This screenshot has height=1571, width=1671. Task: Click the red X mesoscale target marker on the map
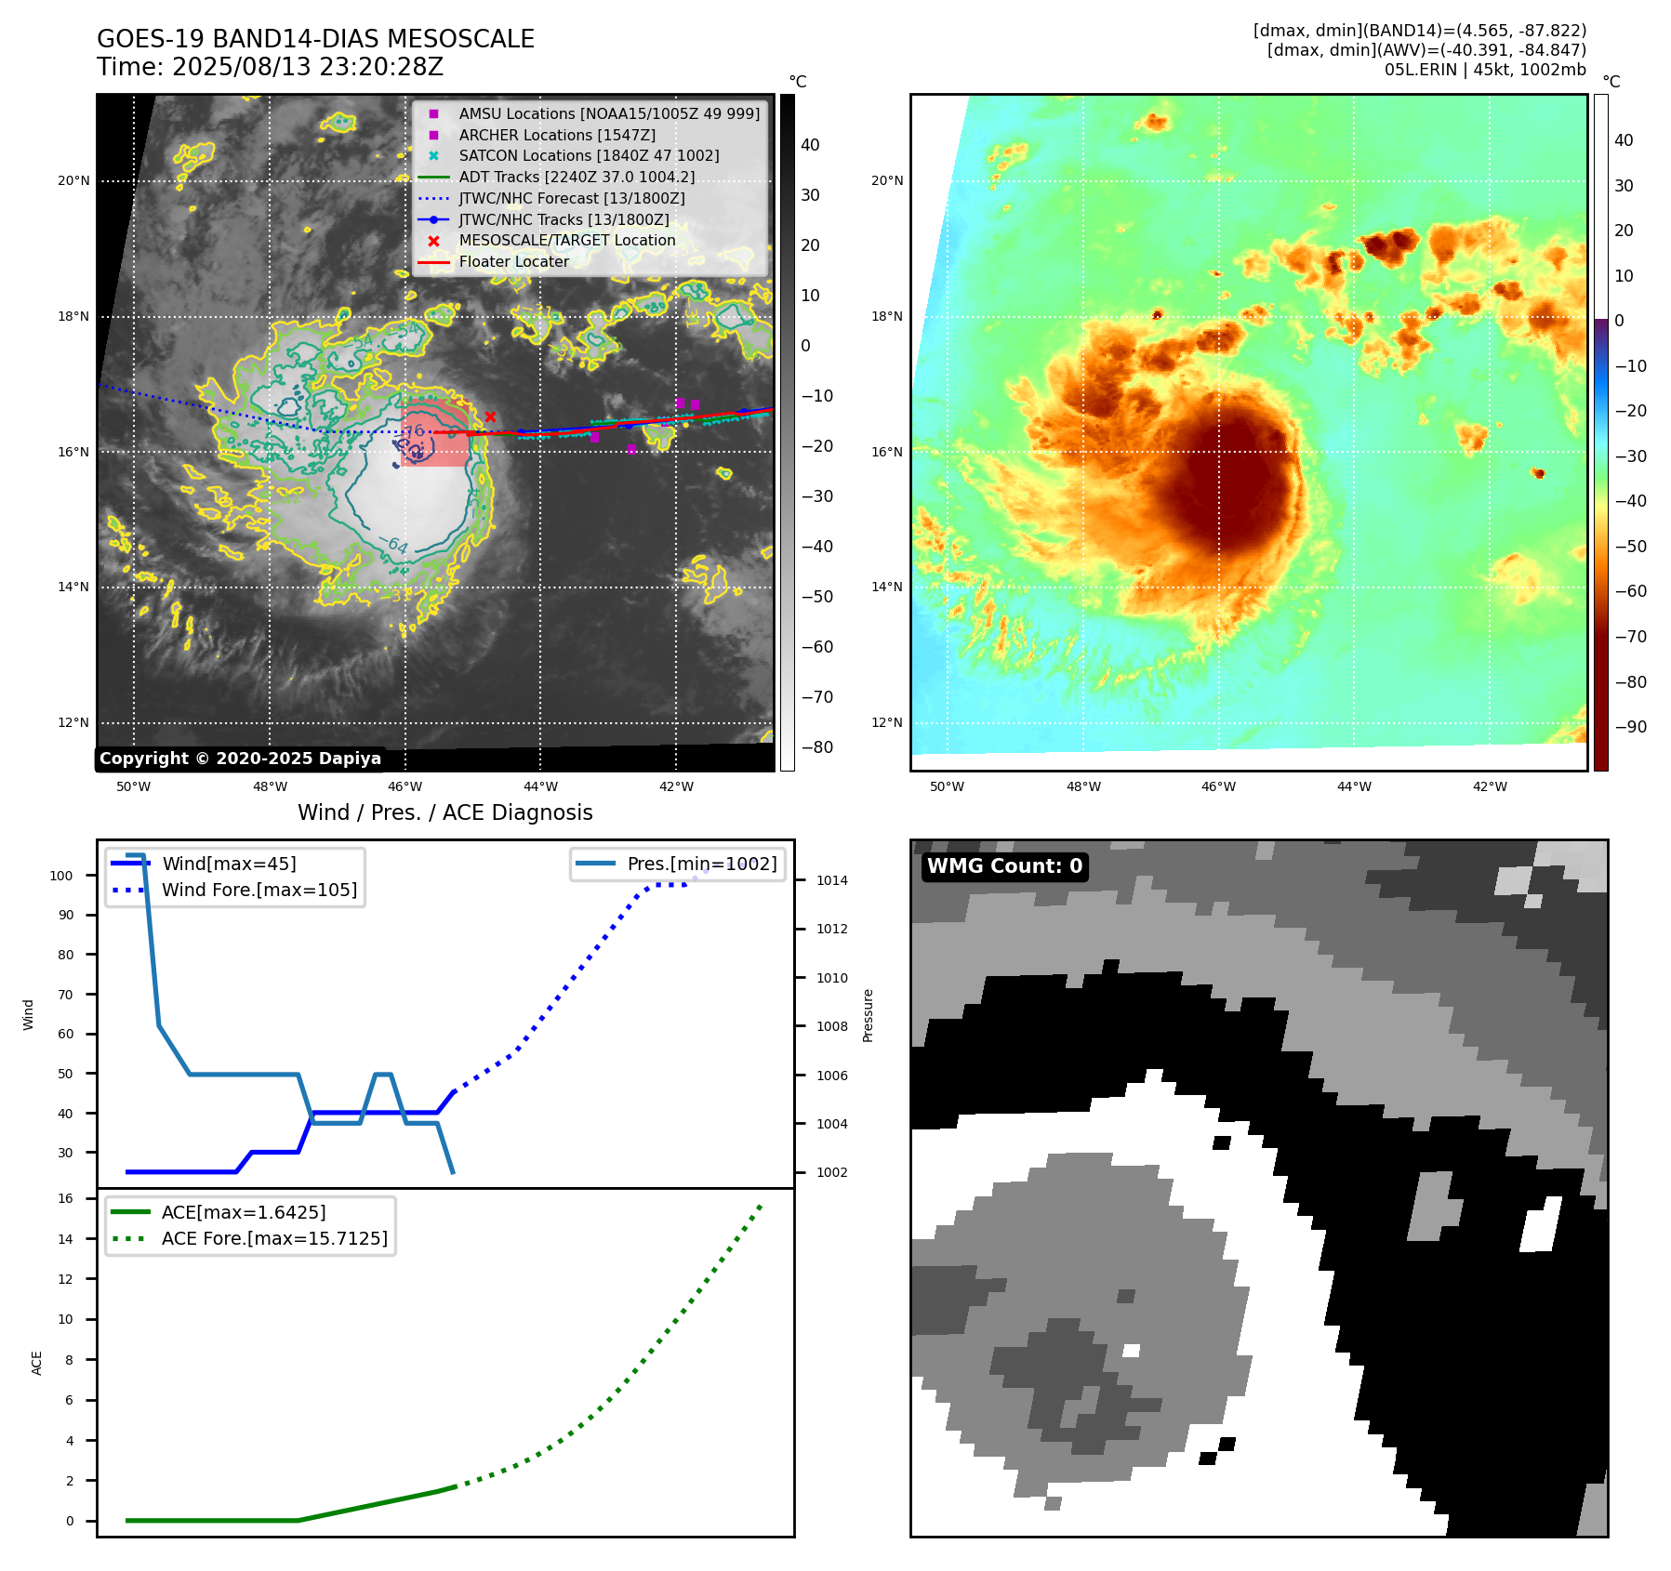tap(490, 416)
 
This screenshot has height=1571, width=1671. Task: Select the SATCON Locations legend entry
tap(589, 156)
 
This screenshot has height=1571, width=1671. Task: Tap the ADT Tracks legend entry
tap(577, 178)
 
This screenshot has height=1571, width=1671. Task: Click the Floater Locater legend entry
tap(513, 262)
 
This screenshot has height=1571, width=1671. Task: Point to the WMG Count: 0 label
tap(1004, 866)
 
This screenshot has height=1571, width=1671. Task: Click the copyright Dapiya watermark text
tap(240, 759)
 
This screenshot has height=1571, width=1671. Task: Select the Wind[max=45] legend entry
tap(229, 865)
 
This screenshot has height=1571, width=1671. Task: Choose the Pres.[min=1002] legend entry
tap(701, 865)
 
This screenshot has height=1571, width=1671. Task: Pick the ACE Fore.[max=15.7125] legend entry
tap(274, 1239)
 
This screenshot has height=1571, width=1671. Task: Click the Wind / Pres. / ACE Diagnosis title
tap(444, 813)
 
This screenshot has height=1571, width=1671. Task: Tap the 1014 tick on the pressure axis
tap(832, 881)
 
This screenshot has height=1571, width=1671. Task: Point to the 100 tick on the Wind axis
tap(61, 876)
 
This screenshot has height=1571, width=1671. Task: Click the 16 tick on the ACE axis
tap(66, 1199)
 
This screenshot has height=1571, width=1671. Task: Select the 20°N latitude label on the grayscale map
tap(73, 181)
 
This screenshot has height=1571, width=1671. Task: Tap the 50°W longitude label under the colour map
tap(947, 787)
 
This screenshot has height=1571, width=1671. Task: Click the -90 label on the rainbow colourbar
tap(1630, 727)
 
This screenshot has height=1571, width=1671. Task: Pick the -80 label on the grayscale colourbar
tap(817, 747)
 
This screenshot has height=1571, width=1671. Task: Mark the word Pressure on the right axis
tap(868, 1015)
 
